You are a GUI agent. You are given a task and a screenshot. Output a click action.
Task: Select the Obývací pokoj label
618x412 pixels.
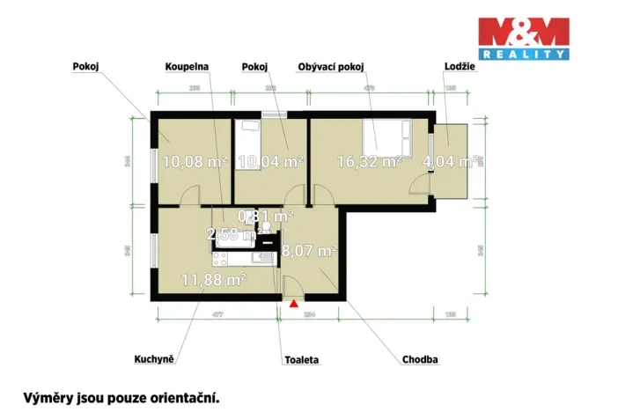331,66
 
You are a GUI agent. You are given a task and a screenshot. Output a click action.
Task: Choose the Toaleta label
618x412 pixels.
302,360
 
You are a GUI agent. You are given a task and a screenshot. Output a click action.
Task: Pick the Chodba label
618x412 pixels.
420,360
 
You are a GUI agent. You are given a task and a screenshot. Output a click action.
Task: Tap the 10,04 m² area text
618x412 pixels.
270,161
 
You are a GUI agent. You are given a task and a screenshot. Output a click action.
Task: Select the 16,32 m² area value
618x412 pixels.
370,161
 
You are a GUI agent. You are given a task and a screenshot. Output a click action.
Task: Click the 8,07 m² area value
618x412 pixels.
310,251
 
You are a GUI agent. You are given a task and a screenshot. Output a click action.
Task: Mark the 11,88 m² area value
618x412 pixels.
213,280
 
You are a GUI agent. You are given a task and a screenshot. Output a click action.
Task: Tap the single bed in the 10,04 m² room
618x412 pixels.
248,139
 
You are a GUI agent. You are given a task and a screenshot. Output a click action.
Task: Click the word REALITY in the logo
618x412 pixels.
523,55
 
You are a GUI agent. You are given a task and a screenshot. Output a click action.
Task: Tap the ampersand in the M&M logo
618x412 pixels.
523,32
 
